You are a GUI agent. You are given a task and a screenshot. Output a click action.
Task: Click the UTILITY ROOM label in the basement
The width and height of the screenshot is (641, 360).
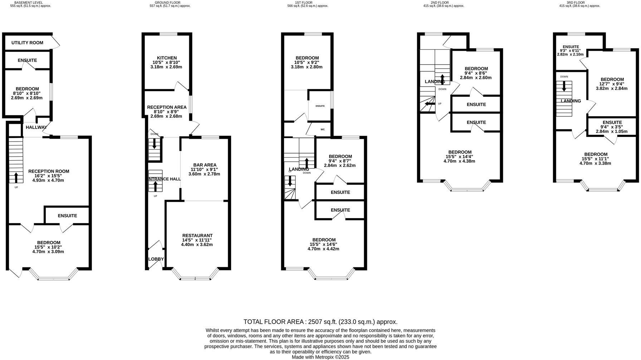tap(27, 43)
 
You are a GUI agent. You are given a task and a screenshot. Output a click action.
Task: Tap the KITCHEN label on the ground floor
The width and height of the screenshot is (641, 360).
tap(167, 58)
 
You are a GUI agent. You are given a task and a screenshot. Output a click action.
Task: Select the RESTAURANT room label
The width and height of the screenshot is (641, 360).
tap(197, 236)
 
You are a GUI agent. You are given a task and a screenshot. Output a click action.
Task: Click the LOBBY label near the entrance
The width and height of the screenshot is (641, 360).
tap(156, 259)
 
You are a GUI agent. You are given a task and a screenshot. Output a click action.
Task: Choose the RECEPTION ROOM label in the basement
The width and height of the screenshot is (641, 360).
tap(49, 171)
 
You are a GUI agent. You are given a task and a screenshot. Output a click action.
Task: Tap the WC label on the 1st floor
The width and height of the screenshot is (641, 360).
tap(323, 129)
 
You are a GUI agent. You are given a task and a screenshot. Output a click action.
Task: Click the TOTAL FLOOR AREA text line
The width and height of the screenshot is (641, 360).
tap(320, 322)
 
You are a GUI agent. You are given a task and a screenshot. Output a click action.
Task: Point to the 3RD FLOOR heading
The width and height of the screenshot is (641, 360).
tap(576, 3)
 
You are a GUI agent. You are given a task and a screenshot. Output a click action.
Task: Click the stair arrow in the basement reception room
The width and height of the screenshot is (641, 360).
tap(16, 177)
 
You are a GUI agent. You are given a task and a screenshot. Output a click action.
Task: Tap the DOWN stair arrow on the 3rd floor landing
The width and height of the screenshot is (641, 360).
tap(564, 86)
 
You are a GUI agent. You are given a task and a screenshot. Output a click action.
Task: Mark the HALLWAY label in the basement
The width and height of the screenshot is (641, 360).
tap(36, 127)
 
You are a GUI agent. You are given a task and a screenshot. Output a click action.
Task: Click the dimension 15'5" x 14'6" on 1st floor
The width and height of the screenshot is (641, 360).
tap(323, 244)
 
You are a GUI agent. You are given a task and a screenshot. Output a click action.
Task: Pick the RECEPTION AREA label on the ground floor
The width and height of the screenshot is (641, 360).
tap(167, 107)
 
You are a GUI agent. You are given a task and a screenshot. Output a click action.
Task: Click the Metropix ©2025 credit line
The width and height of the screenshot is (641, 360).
tap(320, 357)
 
